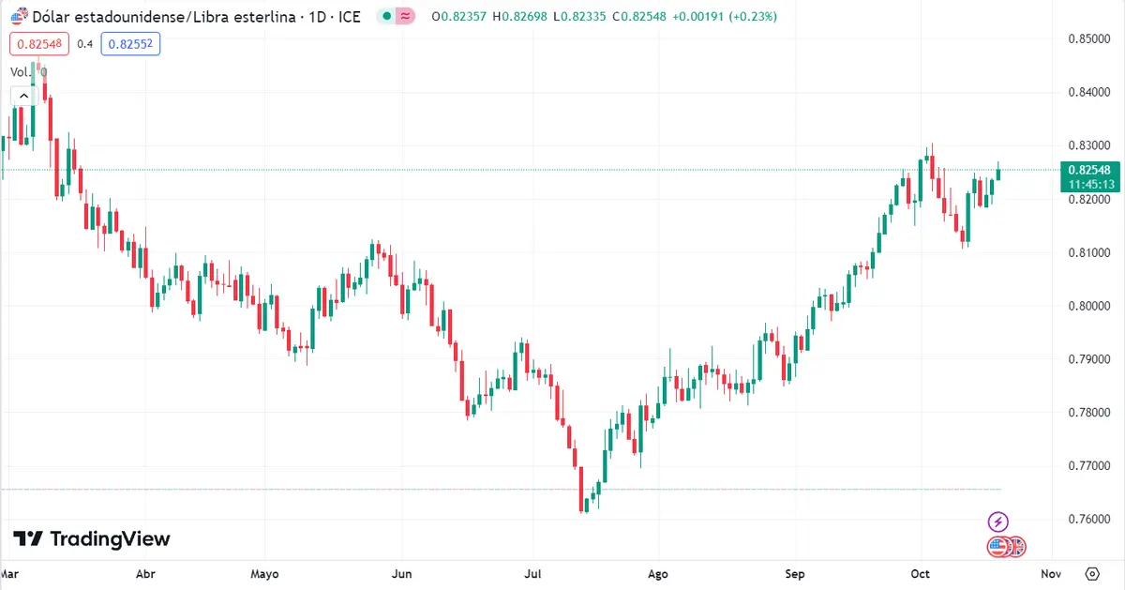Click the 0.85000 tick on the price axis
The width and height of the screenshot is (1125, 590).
point(1089,38)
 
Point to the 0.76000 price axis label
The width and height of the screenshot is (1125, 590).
point(1089,519)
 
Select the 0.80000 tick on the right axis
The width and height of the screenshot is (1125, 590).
point(1089,306)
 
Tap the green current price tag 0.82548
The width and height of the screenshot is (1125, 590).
point(1088,170)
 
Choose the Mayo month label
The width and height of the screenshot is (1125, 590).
point(265,574)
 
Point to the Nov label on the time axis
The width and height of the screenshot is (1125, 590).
point(1051,574)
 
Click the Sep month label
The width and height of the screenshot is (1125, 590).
point(795,574)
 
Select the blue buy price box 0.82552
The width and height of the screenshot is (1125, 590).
point(131,43)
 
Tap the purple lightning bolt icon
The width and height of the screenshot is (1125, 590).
point(998,522)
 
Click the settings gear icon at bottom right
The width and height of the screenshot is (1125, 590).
point(1092,573)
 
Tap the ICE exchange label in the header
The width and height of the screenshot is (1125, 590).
point(350,17)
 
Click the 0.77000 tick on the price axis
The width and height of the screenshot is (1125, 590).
point(1089,465)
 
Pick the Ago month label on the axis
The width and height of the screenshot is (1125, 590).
point(658,574)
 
